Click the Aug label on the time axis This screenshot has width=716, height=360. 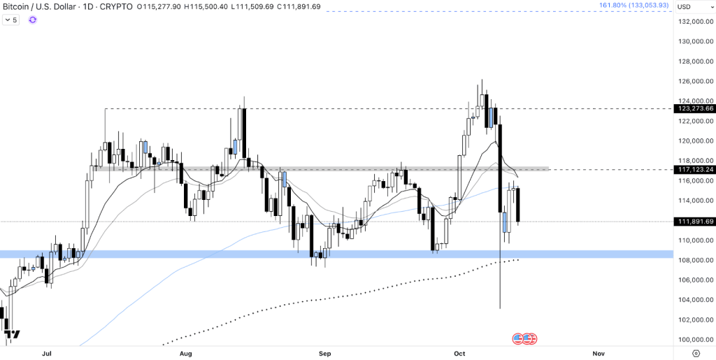tap(185, 354)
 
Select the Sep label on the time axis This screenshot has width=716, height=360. tap(324, 354)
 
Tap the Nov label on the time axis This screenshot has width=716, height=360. tap(598, 354)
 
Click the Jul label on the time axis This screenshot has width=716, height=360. tap(47, 354)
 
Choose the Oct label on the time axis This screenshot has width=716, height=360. tap(459, 354)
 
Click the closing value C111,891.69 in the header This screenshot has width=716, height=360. tap(299, 6)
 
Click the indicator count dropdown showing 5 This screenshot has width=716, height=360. tap(11, 20)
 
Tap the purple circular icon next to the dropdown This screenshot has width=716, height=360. tap(33, 20)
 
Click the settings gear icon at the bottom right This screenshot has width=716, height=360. tap(696, 354)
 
